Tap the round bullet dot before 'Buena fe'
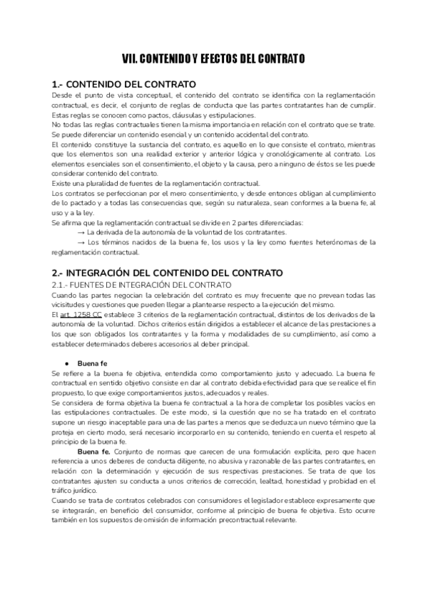[x=66, y=361]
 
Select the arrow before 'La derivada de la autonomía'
[x=81, y=232]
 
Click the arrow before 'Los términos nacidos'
[x=81, y=242]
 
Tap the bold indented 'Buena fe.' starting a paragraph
[x=93, y=452]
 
